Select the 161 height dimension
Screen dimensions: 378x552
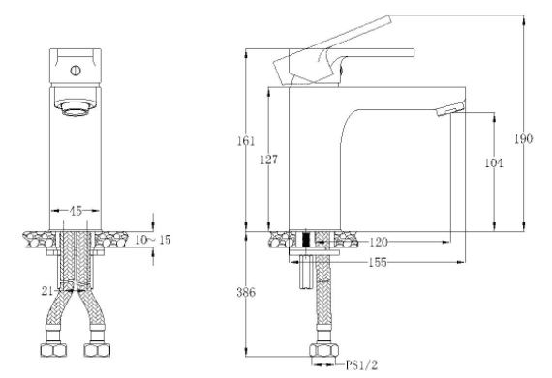tap(247, 141)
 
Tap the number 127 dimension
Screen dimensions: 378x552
tap(275, 161)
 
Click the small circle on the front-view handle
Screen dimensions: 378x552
tap(73, 70)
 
